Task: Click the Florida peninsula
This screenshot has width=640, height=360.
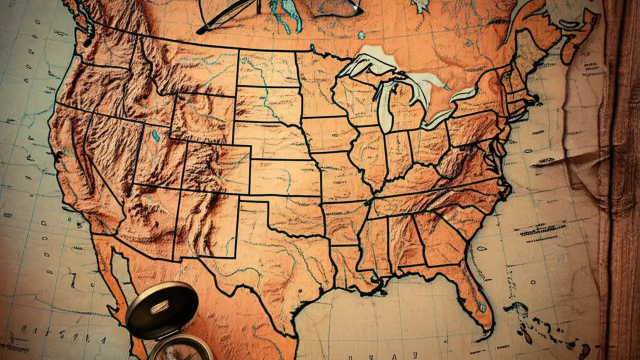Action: pyautogui.click(x=475, y=295)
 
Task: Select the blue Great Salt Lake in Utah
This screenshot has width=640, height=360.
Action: pyautogui.click(x=155, y=135)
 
